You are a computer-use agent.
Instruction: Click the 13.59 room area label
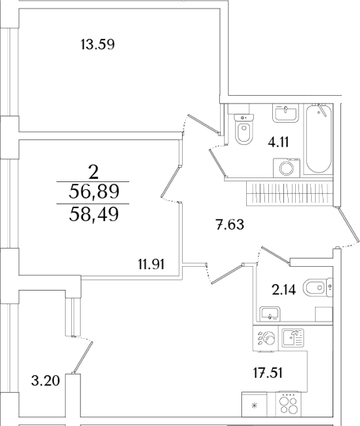tap(98, 44)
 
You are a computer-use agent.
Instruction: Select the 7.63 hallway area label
tap(229, 225)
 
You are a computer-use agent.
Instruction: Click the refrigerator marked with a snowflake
tap(254, 405)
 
